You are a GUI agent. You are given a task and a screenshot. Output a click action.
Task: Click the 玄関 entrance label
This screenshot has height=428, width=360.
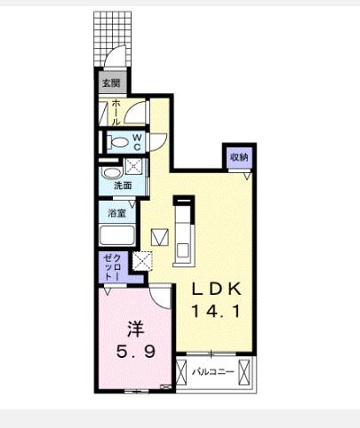pos(111,83)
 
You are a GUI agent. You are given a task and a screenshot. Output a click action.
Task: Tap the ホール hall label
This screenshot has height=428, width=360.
pos(116,113)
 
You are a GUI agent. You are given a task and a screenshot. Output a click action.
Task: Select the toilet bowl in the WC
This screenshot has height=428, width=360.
pos(118,142)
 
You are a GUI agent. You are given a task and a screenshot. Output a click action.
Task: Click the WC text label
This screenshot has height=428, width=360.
pos(137,142)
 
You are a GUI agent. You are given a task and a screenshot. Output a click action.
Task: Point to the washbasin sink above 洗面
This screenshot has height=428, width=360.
pos(110,172)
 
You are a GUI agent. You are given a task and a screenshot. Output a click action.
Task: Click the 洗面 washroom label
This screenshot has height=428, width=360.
pos(123,186)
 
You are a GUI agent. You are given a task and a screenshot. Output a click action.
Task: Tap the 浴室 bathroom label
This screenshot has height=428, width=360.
pos(116,213)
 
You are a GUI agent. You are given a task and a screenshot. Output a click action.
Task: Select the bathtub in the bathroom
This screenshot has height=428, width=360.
pos(117,235)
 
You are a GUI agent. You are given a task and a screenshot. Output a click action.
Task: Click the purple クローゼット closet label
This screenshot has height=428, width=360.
pos(113,267)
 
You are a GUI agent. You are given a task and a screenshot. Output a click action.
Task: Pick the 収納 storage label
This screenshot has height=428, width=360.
pos(239,157)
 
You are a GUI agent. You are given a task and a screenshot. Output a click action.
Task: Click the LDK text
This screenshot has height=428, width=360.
pos(216,289)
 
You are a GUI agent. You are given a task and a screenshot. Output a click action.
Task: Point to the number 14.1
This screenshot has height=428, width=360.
pos(216,311)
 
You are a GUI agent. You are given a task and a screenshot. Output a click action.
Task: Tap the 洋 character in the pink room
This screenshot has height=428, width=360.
pos(136,329)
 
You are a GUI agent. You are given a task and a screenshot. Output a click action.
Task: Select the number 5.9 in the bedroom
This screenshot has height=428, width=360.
pos(136,352)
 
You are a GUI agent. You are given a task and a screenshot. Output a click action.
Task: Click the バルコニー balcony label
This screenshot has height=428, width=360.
pos(213,372)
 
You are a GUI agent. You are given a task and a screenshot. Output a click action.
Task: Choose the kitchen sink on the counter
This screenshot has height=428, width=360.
pos(183,250)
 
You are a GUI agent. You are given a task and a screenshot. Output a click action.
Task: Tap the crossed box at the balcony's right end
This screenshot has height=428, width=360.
pos(244,372)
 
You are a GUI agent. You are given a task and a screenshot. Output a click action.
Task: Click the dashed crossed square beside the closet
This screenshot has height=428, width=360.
pos(142,261)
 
